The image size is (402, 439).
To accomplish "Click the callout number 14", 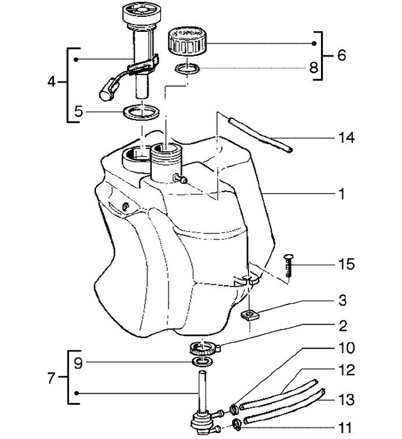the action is tap(346, 138).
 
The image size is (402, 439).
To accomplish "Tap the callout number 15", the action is tap(347, 264).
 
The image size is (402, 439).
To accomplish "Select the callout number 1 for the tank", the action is tap(342, 194).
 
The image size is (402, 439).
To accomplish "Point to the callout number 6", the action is tap(341, 55).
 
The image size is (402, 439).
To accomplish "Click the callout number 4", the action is tap(51, 82).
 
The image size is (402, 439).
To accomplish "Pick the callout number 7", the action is tap(51, 379).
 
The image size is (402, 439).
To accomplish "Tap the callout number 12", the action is tap(347, 370).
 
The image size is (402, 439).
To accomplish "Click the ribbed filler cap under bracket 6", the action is tap(186, 41).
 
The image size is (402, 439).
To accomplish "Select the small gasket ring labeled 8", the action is tap(187, 69).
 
